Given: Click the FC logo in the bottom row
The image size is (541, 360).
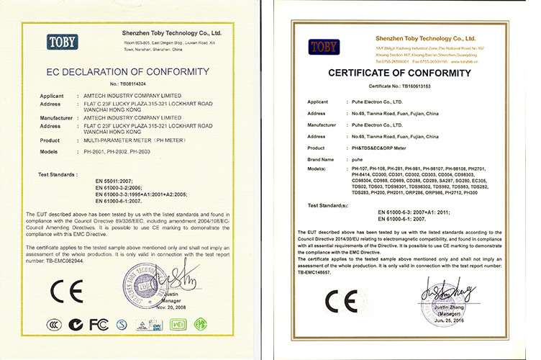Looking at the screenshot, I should pos(97,325).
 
